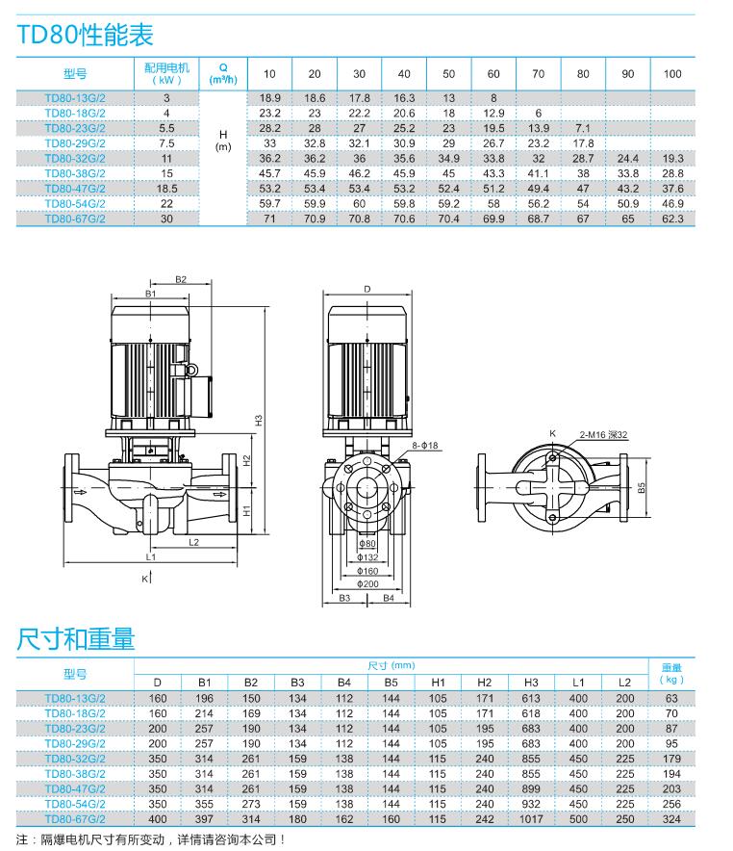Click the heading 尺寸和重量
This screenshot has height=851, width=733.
pos(76,637)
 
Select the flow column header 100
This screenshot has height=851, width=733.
pos(672,74)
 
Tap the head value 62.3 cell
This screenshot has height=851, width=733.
pos(672,219)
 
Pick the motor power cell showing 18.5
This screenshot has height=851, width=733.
pos(166,189)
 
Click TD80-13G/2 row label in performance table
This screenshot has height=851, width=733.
pos(75,98)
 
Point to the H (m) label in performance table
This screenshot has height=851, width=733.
pos(223,141)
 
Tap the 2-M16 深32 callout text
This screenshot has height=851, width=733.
pos(602,435)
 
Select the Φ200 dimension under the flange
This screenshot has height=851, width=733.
pos(367,583)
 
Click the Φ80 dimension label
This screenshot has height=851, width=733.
pos(367,544)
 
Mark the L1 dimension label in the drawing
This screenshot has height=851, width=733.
pos(151,556)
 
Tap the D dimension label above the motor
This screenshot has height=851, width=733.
pos(366,289)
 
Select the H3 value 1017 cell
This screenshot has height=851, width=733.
pos(531,819)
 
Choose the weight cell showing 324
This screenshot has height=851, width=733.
pos(671,819)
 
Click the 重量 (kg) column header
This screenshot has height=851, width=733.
pos(671,672)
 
